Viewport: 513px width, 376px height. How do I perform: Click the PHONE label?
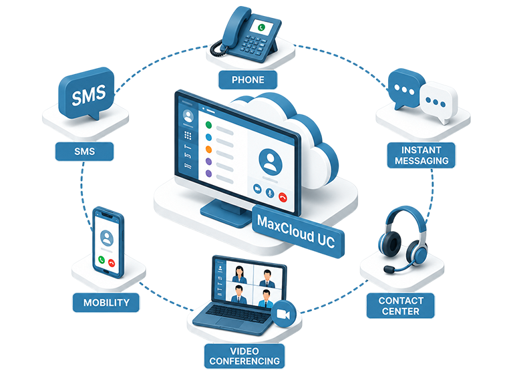[248, 79]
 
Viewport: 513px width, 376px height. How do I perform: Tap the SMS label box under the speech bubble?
[84, 151]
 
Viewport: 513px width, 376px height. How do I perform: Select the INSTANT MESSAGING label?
[421, 155]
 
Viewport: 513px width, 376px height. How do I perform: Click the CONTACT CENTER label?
[401, 306]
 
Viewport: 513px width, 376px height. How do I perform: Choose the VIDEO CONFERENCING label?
[244, 356]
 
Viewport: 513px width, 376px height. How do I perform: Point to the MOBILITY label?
[106, 303]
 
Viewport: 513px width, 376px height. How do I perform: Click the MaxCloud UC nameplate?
[297, 231]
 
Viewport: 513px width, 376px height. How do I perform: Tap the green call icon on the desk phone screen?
[261, 27]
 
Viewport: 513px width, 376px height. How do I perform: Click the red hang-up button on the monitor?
[283, 197]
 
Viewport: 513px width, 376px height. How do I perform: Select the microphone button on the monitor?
[270, 193]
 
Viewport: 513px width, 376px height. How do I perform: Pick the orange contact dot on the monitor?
[208, 149]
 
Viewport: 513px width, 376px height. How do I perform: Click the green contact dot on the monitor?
[208, 125]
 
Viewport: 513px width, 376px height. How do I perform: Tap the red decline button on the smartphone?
[112, 262]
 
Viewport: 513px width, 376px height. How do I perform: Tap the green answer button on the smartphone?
[102, 260]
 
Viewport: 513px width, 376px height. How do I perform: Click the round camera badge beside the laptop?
[283, 314]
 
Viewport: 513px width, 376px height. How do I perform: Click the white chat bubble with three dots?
[438, 102]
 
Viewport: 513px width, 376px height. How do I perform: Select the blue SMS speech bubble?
[87, 93]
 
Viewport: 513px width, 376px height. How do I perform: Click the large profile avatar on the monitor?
[271, 162]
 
